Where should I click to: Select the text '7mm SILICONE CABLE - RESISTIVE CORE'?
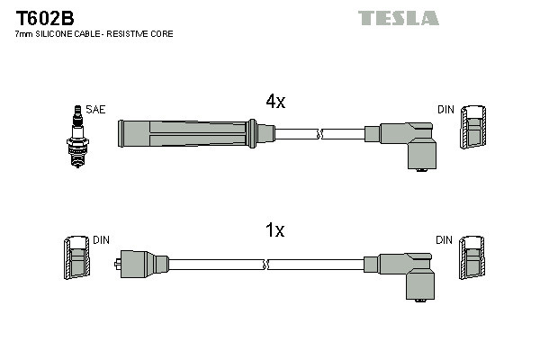click(94, 33)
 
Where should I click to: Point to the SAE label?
click(96, 110)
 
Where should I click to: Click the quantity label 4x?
click(274, 102)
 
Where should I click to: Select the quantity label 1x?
click(274, 231)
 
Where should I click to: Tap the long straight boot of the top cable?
click(189, 134)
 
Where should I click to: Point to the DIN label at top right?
click(445, 110)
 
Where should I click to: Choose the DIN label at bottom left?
click(102, 240)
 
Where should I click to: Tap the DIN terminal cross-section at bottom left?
click(76, 259)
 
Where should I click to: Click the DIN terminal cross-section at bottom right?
click(473, 259)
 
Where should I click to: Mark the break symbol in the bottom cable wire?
click(266, 264)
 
